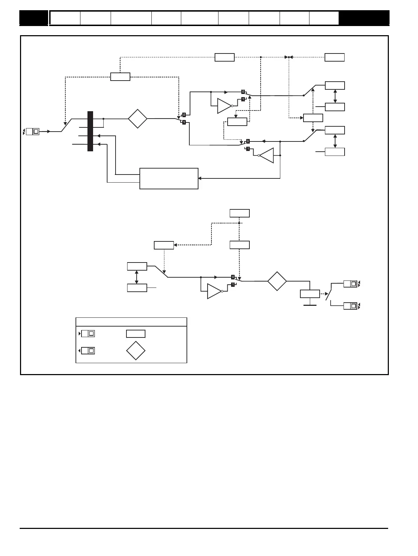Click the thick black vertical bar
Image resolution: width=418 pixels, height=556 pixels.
(90, 131)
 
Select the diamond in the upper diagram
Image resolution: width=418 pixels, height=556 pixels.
(137, 119)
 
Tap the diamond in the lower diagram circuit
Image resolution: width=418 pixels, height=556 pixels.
(277, 281)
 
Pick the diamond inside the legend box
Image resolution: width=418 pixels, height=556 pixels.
(136, 350)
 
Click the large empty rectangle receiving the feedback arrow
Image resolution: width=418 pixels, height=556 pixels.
(169, 179)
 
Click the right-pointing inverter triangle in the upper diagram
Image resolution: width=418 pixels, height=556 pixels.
(224, 106)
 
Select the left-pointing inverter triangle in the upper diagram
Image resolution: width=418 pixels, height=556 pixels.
(267, 156)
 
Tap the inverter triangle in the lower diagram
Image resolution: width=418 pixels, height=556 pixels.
(214, 291)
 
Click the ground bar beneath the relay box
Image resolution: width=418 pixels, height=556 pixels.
(310, 305)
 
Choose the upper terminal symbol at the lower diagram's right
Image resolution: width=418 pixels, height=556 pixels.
(351, 284)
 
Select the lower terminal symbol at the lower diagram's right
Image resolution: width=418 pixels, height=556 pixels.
(351, 306)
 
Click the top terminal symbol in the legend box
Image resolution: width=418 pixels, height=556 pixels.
(88, 333)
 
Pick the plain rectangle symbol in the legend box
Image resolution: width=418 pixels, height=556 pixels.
(136, 334)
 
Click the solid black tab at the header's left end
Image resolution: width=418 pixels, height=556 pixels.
(34, 18)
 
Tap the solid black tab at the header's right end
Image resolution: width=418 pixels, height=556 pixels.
(364, 18)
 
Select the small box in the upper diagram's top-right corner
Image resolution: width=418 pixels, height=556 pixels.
(334, 57)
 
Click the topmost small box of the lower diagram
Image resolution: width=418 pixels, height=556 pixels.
(240, 213)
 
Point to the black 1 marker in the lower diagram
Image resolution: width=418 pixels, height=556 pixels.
(233, 284)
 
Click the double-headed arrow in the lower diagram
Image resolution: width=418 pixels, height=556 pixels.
(137, 277)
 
